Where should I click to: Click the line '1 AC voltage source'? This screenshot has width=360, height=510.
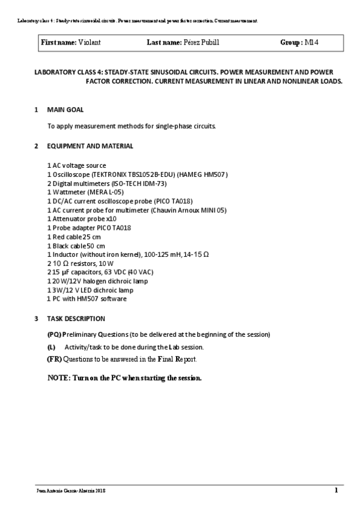pyautogui.click(x=76, y=165)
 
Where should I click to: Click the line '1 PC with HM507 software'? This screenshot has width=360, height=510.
pyautogui.click(x=87, y=299)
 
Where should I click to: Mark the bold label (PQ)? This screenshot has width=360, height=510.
pyautogui.click(x=53, y=334)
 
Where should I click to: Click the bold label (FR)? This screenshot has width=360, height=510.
pyautogui.click(x=54, y=359)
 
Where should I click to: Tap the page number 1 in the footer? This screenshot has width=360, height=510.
pyautogui.click(x=337, y=490)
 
